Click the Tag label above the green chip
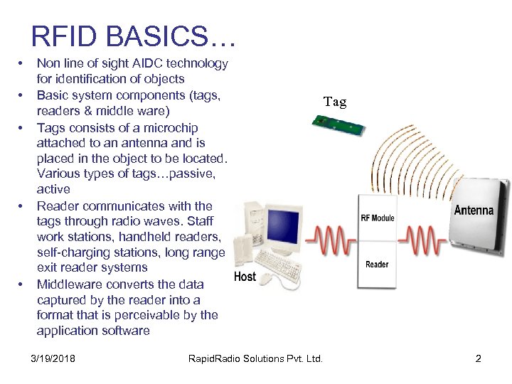coord(335,102)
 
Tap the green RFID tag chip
coord(338,126)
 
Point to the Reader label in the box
coord(377,265)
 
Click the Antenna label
coord(474,210)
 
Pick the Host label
coord(245,276)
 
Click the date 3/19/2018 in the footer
coord(54,358)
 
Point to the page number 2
coord(479,358)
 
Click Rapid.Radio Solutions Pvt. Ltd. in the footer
coord(255,358)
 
